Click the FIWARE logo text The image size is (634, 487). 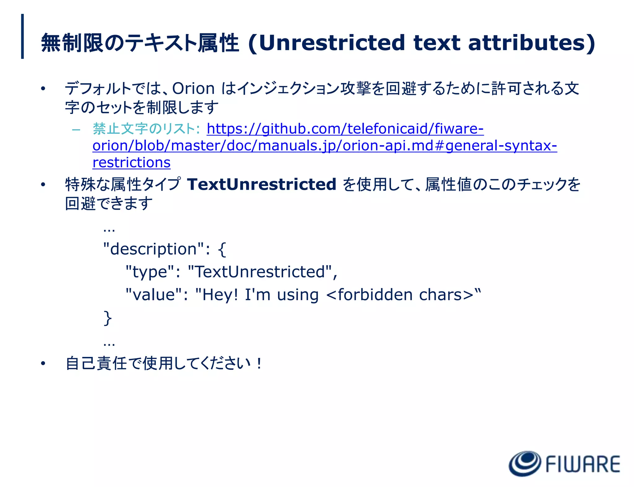point(583,464)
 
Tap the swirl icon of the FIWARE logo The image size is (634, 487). point(525,463)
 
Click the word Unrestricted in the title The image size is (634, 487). point(332,43)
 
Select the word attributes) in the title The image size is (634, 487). point(531,43)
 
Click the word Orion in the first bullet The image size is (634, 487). point(193,89)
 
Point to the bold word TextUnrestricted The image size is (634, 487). point(262,184)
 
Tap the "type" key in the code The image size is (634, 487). point(150,272)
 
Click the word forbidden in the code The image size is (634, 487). point(375,294)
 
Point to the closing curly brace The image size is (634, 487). point(107,318)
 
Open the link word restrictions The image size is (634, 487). point(131,162)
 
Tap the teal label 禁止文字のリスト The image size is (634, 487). point(144,129)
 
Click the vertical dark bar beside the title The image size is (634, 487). point(22,36)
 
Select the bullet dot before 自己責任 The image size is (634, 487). point(43,364)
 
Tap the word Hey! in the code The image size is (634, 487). point(220,294)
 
